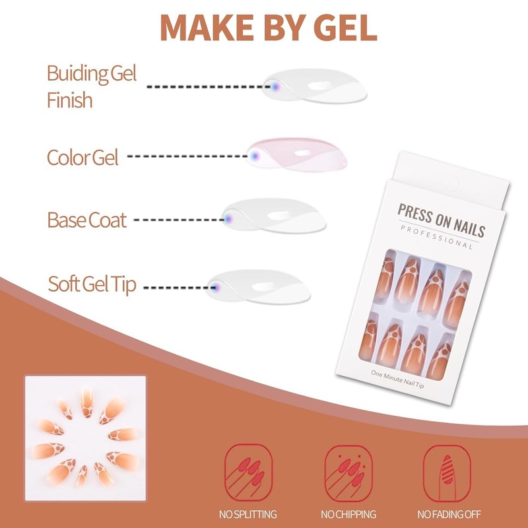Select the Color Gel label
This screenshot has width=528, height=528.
point(82,157)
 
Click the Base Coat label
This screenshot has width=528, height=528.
point(86,219)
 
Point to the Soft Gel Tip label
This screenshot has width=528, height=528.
point(92,285)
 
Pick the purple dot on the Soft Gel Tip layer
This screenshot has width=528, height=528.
point(215,285)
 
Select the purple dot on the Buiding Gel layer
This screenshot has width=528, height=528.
point(275,86)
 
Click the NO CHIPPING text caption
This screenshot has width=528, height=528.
point(348,514)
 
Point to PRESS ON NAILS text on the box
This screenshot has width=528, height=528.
point(441,220)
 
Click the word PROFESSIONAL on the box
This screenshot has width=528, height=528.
point(436,236)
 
